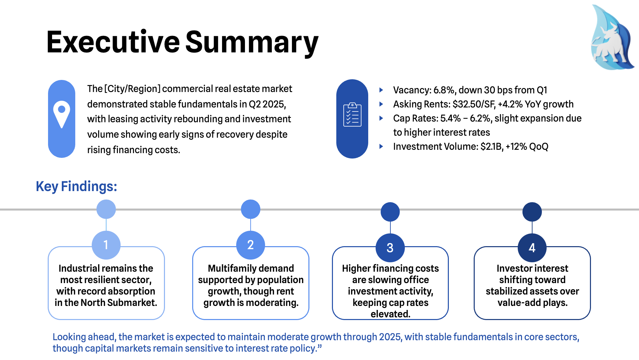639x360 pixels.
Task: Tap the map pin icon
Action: pyautogui.click(x=61, y=114)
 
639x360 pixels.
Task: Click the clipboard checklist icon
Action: pyautogui.click(x=352, y=115)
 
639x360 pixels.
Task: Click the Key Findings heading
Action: pyautogui.click(x=76, y=186)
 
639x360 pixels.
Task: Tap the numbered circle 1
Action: pyautogui.click(x=106, y=245)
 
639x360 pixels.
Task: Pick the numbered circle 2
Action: pyautogui.click(x=250, y=245)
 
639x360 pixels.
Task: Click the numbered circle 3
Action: pyautogui.click(x=390, y=248)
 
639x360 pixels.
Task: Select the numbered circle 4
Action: pyautogui.click(x=532, y=248)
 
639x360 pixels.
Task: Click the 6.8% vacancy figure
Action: pyautogui.click(x=444, y=90)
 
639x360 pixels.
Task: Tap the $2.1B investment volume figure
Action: pyautogui.click(x=492, y=146)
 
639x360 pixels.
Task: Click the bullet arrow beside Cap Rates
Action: pyautogui.click(x=381, y=118)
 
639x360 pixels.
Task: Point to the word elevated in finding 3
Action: pyautogui.click(x=390, y=314)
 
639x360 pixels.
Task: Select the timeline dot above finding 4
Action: pyautogui.click(x=532, y=212)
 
